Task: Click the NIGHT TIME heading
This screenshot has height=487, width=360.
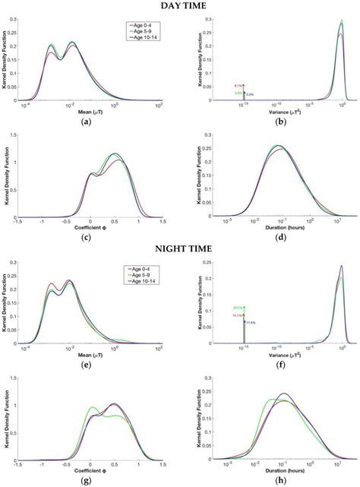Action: (180, 249)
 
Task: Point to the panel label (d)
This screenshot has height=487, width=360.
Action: (270, 238)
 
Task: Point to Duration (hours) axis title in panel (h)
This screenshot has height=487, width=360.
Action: (270, 472)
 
